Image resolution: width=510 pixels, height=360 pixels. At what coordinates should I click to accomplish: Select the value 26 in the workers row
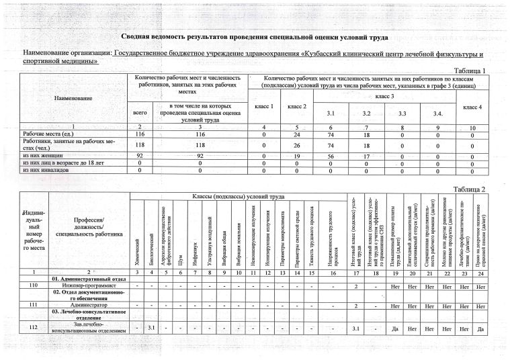click(298, 144)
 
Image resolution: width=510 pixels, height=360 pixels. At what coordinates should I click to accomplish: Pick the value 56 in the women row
click(330, 154)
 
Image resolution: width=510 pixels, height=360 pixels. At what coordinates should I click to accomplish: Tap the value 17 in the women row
click(367, 154)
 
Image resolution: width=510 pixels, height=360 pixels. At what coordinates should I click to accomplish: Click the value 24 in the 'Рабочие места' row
click(298, 135)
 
